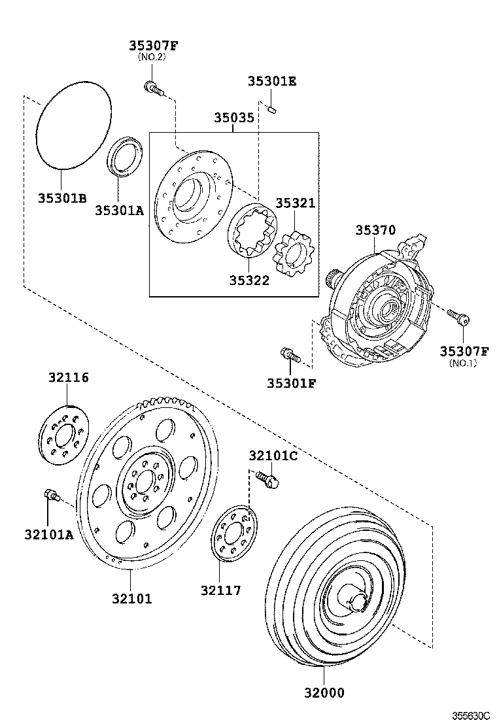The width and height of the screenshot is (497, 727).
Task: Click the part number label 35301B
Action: coord(61,197)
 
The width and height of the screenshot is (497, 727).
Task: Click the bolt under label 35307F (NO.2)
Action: coord(152,87)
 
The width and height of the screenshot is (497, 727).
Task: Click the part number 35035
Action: coord(233,118)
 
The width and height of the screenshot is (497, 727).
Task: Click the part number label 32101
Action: coord(131,598)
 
